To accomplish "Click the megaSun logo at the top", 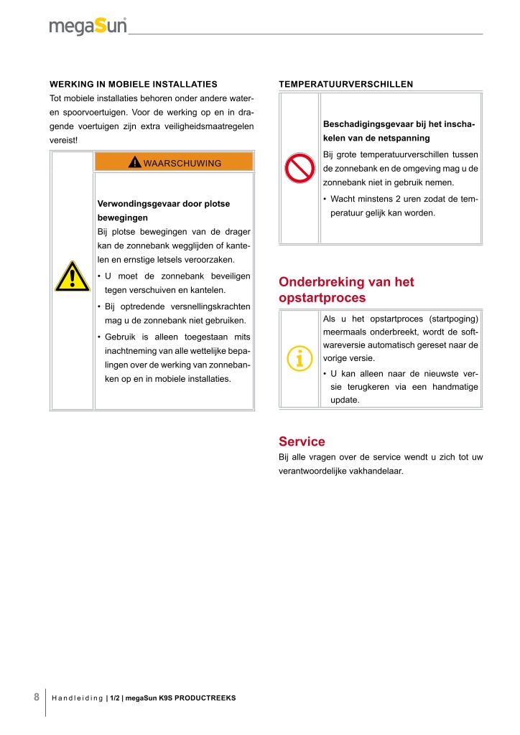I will click(x=88, y=26).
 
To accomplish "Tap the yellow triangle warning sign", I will click(x=72, y=277).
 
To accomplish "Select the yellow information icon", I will click(x=300, y=357).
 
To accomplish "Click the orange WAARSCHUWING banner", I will click(x=174, y=162).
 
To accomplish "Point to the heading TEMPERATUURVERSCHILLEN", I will click(x=345, y=84).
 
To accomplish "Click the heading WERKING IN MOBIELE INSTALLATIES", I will click(x=133, y=84).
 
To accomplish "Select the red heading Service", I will click(x=302, y=441).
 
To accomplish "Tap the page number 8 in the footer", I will click(x=36, y=697).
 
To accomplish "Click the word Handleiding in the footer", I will click(x=78, y=698).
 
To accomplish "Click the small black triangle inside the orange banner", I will click(x=135, y=163).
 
